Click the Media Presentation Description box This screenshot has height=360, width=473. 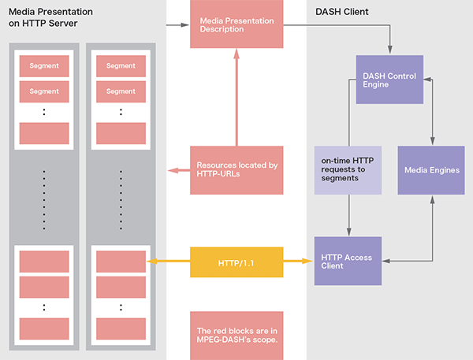click(236, 25)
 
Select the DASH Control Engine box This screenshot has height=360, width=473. click(389, 80)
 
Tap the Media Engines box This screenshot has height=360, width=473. click(430, 170)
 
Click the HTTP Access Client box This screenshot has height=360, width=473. click(348, 262)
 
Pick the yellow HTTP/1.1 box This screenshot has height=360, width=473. click(236, 261)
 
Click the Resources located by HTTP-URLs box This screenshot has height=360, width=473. click(236, 170)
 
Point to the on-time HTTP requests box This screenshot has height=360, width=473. click(348, 170)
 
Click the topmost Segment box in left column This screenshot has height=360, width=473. click(44, 65)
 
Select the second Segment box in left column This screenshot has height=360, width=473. click(44, 91)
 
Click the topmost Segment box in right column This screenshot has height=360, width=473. click(121, 65)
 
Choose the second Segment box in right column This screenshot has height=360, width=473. click(121, 91)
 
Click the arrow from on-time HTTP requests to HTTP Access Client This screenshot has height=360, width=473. click(348, 217)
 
